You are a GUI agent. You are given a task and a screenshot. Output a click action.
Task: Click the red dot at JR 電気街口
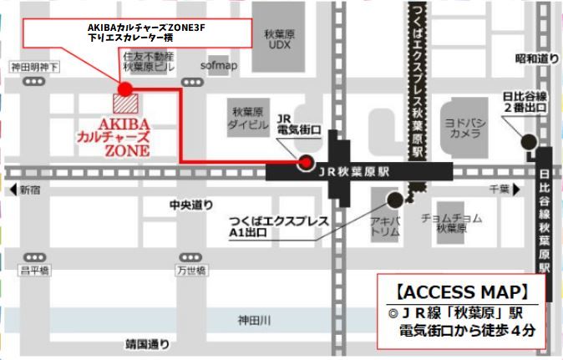[x=306, y=162]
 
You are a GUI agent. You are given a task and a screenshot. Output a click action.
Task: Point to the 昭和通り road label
[x=535, y=58]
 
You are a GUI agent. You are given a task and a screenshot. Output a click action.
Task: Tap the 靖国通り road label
[x=147, y=343]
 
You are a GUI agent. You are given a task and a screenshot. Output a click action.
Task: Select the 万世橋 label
[x=191, y=270]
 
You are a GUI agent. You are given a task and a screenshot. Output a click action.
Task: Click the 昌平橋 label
[x=35, y=270]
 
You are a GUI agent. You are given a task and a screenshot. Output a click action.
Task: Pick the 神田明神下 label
[x=34, y=65]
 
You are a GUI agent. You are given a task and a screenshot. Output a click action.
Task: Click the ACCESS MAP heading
[x=462, y=292]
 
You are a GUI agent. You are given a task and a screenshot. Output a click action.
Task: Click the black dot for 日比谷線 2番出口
[x=528, y=140]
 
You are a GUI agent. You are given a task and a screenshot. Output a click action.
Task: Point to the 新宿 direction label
[x=30, y=188]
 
